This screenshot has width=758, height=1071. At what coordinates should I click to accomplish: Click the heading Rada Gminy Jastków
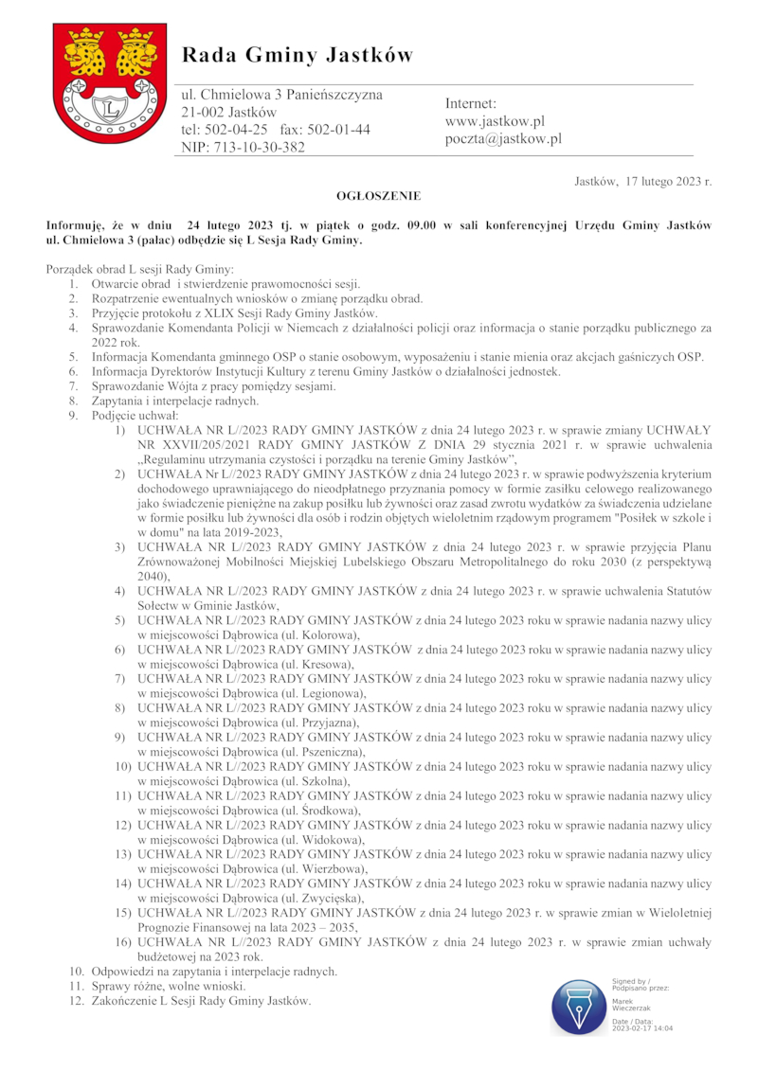(298, 55)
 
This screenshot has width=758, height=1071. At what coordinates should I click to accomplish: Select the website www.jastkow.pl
(495, 121)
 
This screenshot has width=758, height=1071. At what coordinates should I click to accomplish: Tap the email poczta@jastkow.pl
(503, 139)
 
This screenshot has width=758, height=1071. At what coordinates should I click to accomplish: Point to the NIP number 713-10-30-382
(243, 147)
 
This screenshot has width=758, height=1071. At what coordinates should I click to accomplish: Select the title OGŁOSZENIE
(378, 196)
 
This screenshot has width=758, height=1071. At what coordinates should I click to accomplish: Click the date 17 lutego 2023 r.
(668, 180)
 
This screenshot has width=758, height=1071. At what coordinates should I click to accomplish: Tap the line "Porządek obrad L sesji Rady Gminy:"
(133, 270)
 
